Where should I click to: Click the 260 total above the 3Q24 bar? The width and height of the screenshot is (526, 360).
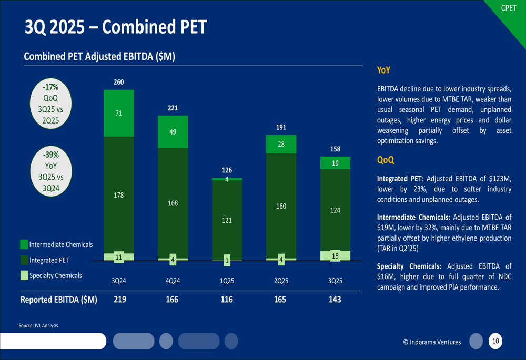coord(119,82)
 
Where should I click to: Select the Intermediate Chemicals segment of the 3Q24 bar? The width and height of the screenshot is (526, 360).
coord(119,113)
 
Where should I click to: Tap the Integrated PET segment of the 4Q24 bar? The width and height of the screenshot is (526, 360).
coord(173,203)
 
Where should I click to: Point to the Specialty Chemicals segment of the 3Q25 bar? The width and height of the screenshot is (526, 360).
coord(335,256)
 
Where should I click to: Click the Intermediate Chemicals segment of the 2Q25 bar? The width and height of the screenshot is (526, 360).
coord(281,144)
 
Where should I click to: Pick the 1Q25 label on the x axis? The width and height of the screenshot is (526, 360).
coord(227,281)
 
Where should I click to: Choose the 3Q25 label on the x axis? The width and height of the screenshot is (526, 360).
coord(335,281)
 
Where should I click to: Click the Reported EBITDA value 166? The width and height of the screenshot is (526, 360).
coord(172,300)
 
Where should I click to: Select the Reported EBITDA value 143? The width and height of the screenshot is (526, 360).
coord(335,300)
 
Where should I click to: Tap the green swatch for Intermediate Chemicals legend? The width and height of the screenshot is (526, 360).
coord(24,244)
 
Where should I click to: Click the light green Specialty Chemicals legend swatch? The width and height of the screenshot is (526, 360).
coord(24,275)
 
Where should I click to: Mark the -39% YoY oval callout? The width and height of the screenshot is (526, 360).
coord(51,171)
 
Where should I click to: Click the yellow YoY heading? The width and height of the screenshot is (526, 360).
coord(383,70)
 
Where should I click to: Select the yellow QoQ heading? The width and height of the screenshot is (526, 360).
coord(386,160)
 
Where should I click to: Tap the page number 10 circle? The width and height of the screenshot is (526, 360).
coord(495,342)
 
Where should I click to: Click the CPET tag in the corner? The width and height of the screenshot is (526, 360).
coord(509,8)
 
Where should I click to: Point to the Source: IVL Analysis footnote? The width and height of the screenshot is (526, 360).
coord(38,326)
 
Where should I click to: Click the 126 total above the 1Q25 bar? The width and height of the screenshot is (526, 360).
coord(227,170)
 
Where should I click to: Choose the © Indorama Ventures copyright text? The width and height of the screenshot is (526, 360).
coord(432,342)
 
